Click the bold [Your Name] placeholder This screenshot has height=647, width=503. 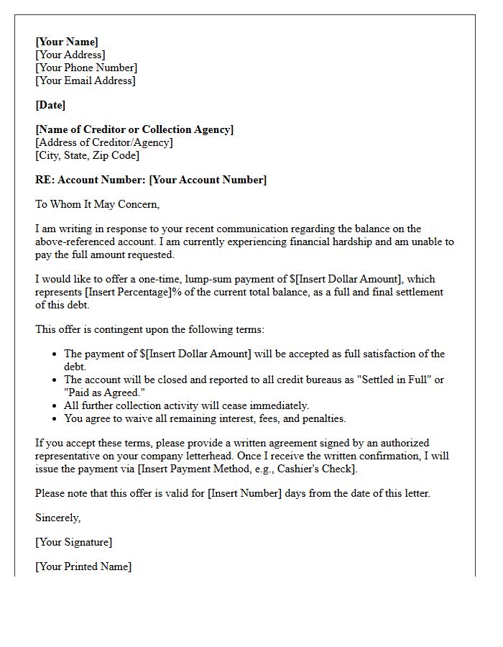[67, 42]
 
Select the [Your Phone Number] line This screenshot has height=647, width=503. [86, 68]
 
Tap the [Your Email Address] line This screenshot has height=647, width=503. [85, 81]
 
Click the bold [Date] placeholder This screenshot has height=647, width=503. [50, 105]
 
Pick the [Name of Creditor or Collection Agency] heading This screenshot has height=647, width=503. [134, 129]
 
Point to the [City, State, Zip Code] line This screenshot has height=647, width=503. [87, 155]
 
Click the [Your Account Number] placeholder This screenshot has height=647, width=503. [208, 180]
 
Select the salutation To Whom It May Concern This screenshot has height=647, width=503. [97, 204]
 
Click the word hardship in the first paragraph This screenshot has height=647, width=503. [352, 242]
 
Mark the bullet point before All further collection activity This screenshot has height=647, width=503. [55, 405]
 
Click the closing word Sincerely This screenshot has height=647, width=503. [57, 518]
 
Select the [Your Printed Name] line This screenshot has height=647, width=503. [83, 566]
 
